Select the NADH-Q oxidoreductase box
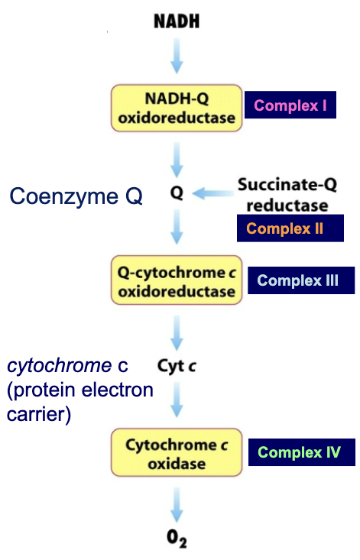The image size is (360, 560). pyautogui.click(x=177, y=108)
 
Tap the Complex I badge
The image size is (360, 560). pyautogui.click(x=290, y=105)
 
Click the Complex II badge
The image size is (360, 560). pyautogui.click(x=284, y=228)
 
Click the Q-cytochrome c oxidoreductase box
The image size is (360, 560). pyautogui.click(x=177, y=280)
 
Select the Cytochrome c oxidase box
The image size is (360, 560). pyautogui.click(x=177, y=453)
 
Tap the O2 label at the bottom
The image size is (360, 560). pyautogui.click(x=177, y=541)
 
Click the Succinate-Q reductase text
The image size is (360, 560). pyautogui.click(x=282, y=194)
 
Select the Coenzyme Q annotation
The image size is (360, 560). pyautogui.click(x=76, y=196)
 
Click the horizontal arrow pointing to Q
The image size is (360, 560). pyautogui.click(x=212, y=194)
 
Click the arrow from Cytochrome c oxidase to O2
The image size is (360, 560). pyautogui.click(x=177, y=502)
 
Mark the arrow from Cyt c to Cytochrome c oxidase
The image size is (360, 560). pyautogui.click(x=177, y=402)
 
